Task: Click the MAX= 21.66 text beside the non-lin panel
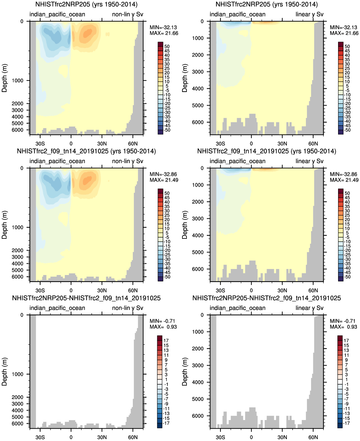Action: coord(164,33)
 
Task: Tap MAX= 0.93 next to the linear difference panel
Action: coord(343,327)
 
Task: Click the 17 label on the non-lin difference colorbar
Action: coord(166,341)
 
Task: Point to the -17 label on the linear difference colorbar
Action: coord(345,423)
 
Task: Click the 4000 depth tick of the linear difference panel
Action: coord(198,382)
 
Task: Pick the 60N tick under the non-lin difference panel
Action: coord(133,437)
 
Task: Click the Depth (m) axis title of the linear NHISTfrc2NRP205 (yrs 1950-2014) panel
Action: coord(185,78)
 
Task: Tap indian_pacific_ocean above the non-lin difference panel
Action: coord(57,308)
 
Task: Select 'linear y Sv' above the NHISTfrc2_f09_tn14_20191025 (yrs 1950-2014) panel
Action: coord(309,161)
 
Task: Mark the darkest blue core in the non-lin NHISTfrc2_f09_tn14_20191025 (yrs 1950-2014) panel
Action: coord(57,183)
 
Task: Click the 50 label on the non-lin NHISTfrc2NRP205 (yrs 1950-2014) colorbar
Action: coord(167,46)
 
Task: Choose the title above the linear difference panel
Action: coord(267,298)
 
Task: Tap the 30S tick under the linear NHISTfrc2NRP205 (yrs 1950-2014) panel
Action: coord(220,143)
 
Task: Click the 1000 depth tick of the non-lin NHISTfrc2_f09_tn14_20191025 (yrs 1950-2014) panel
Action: coord(18,227)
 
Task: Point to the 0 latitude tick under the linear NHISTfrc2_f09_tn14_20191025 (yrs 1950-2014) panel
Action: coord(251,290)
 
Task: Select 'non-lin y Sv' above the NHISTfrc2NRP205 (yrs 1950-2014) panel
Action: coord(127,14)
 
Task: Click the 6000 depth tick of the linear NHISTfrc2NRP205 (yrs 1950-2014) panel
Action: coord(198,122)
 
